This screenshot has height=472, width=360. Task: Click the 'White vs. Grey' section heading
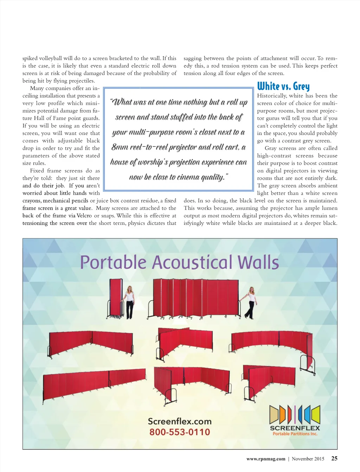tap(283, 86)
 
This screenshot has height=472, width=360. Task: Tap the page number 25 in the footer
tap(334, 458)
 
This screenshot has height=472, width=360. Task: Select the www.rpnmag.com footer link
tap(266, 459)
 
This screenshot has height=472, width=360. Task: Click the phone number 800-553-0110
tap(180, 432)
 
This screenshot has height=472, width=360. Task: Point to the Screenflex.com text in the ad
tap(180, 421)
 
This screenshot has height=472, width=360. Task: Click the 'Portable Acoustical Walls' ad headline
tap(180, 262)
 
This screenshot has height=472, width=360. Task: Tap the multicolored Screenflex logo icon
tap(295, 414)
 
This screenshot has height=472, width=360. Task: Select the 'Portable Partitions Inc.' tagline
tap(295, 434)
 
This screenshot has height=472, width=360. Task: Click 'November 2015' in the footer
tap(308, 459)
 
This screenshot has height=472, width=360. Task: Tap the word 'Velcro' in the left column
tap(84, 216)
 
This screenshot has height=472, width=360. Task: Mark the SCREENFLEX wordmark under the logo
tap(295, 428)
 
